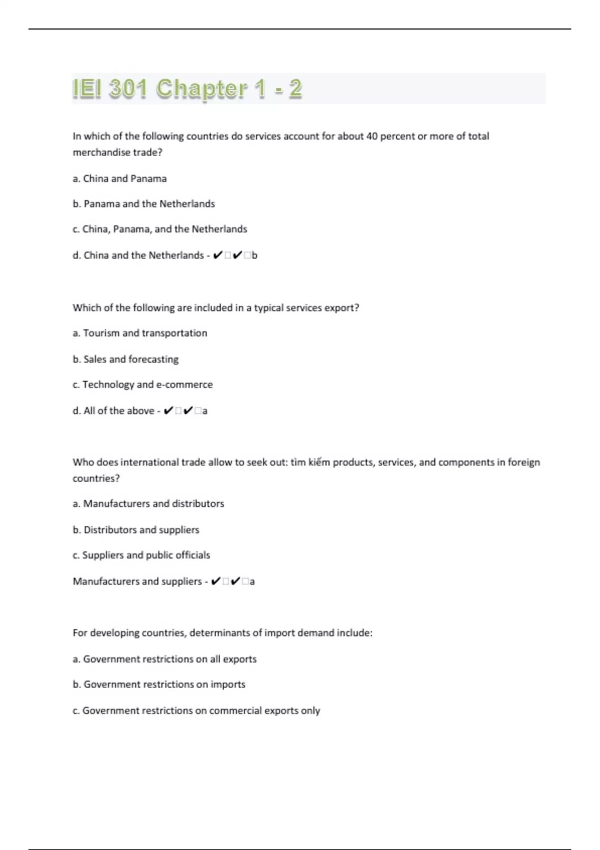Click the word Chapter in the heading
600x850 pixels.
201,88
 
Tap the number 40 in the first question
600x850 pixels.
371,136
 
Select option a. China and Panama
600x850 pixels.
119,178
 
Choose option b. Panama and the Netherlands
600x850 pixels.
144,204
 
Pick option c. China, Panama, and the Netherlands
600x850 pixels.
159,229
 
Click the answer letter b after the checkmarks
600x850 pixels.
254,255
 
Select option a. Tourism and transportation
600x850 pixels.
139,333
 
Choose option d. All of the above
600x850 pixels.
113,410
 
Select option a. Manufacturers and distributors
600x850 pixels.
148,503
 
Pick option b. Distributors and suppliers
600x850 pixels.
135,529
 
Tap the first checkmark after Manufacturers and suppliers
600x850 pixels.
215,581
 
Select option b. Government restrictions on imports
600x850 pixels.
159,684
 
